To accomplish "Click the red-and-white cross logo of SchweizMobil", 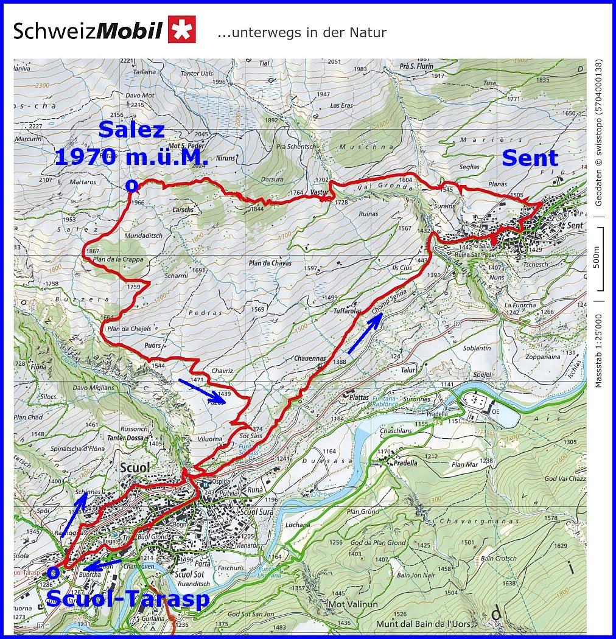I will point(182,29).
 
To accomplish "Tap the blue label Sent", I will point(530,158).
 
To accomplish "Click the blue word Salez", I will point(131,130).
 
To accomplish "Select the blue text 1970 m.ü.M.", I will point(131,158).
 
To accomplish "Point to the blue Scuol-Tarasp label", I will point(128,599).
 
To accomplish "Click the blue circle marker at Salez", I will point(130,185).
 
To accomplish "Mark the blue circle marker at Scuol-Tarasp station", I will point(54,572).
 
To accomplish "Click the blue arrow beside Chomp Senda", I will point(365,334).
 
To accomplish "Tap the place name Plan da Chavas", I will point(270,264).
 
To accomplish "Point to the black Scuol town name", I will point(135,468).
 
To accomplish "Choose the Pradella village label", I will point(405,463).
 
